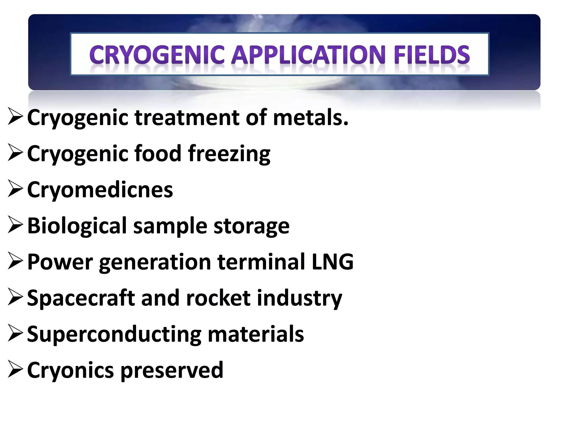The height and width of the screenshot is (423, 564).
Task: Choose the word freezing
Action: click(x=229, y=154)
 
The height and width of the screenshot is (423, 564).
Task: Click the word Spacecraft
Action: click(x=81, y=298)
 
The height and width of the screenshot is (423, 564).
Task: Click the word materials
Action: click(x=256, y=334)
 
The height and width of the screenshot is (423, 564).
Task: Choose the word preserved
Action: click(x=172, y=371)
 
